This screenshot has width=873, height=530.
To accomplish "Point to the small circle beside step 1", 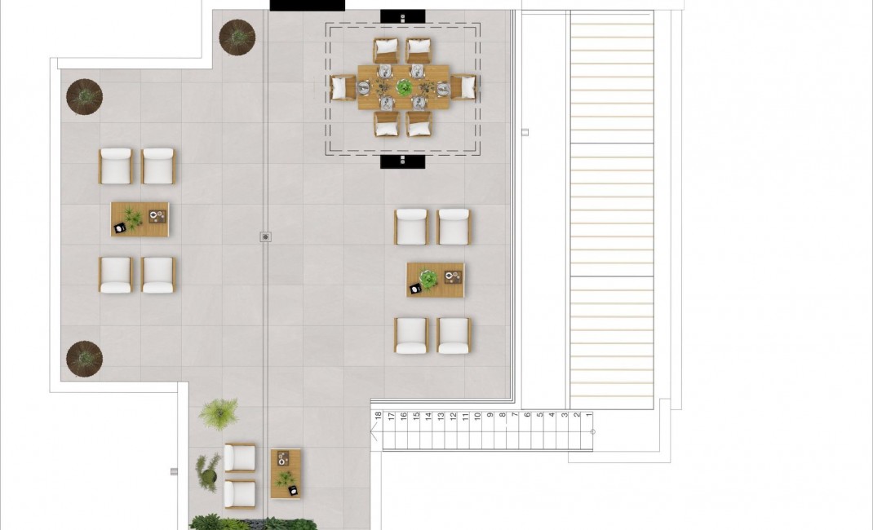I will click(x=592, y=432).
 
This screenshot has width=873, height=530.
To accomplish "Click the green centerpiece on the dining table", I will click(x=404, y=86).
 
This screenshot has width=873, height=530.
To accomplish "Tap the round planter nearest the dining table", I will click(x=237, y=37).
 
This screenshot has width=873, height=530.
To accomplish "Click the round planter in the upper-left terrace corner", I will click(x=84, y=97).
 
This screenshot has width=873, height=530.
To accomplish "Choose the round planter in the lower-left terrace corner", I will click(x=84, y=358).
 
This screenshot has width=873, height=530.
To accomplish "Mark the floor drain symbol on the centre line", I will click(x=265, y=237).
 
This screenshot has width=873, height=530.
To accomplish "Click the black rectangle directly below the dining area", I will click(x=403, y=161).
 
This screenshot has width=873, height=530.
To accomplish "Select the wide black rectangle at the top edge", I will click(x=307, y=5).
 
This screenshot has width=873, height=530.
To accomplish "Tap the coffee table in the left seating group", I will click(x=140, y=219).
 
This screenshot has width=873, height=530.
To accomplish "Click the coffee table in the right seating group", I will click(x=436, y=280).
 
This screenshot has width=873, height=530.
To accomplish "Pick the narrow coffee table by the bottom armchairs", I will click(x=286, y=474).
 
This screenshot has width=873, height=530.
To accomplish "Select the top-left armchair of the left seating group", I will click(x=115, y=166).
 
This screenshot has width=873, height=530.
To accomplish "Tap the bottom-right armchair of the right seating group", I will click(x=454, y=334).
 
